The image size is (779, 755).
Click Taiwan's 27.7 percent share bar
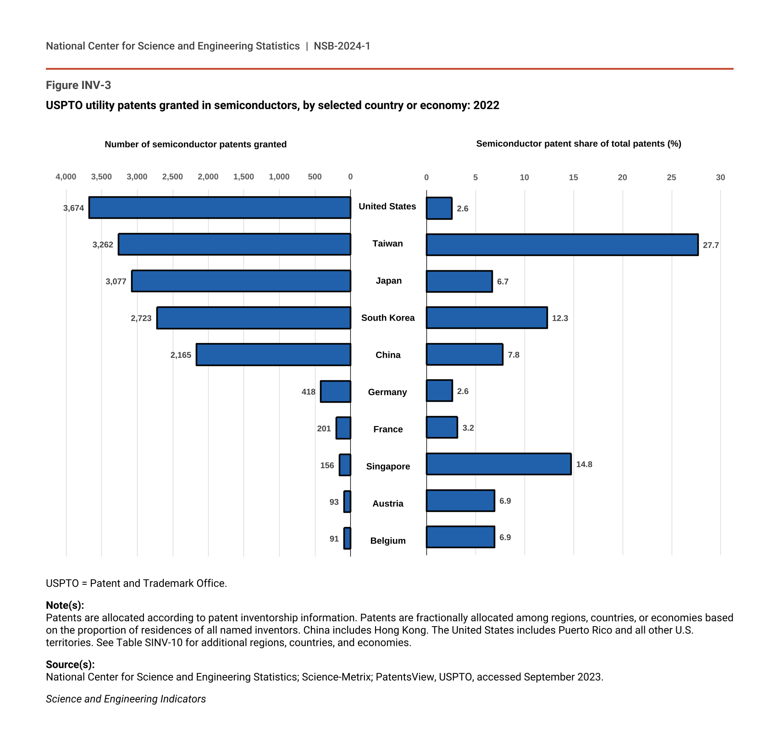(562, 244)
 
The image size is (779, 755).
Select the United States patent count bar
(220, 207)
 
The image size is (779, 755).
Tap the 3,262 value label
(103, 244)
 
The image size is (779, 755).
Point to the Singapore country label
(388, 466)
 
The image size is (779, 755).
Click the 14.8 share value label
(584, 464)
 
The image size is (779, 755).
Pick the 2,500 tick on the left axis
(172, 177)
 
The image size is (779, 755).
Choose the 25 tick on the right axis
(671, 178)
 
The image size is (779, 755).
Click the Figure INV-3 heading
(78, 85)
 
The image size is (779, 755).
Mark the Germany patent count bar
(336, 391)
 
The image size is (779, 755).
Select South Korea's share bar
(486, 317)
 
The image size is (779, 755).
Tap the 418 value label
(309, 392)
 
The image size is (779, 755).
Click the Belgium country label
(388, 541)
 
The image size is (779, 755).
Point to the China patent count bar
(273, 354)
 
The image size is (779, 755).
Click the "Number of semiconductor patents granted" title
(196, 144)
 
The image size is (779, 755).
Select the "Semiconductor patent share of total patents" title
(579, 144)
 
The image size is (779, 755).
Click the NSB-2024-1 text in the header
(342, 46)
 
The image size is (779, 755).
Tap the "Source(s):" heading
(70, 664)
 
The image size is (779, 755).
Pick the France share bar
(442, 427)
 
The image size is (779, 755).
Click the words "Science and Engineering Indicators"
(126, 699)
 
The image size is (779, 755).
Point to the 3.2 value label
(468, 428)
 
